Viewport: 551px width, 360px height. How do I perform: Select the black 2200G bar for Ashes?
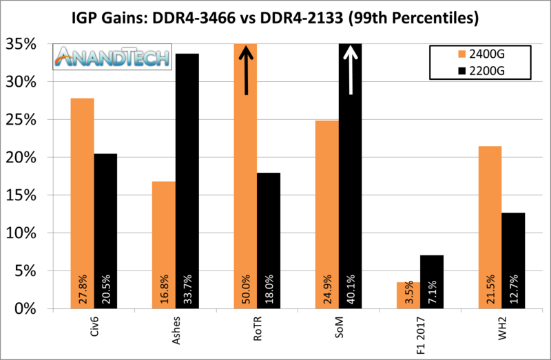pos(187,179)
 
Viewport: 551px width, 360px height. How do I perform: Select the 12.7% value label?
pos(514,290)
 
